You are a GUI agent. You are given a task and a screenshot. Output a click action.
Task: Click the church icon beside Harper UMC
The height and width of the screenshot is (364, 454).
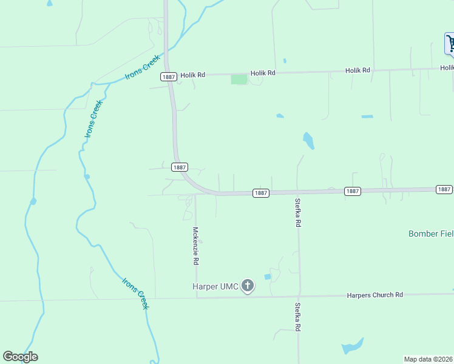pyautogui.click(x=247, y=285)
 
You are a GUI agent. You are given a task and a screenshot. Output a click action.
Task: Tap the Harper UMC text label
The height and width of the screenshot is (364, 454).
pyautogui.click(x=215, y=286)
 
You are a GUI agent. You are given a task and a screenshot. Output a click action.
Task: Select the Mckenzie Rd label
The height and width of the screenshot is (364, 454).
pyautogui.click(x=195, y=246)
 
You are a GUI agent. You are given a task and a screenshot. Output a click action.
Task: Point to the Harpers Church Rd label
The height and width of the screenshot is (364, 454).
pyautogui.click(x=374, y=295)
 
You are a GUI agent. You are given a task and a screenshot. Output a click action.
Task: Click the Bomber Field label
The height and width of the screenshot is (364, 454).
pyautogui.click(x=430, y=234)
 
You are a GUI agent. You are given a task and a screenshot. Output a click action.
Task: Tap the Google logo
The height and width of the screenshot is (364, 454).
pyautogui.click(x=20, y=357)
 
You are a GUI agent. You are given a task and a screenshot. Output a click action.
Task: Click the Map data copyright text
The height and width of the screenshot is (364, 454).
pyautogui.click(x=429, y=359)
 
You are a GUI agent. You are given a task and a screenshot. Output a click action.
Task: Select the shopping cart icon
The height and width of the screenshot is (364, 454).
pyautogui.click(x=450, y=43)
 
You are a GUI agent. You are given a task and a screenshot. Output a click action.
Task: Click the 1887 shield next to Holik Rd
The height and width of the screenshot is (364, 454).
pyautogui.click(x=169, y=76)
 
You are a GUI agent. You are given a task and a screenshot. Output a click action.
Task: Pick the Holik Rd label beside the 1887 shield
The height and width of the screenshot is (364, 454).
pyautogui.click(x=192, y=75)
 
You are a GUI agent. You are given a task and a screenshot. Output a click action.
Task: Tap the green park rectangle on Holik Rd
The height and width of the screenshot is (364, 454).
pyautogui.click(x=239, y=79)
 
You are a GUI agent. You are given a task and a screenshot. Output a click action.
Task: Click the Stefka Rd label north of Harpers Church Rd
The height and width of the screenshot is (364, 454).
pyautogui.click(x=298, y=212)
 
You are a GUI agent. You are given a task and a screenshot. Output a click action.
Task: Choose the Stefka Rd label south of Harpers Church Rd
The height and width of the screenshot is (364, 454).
pyautogui.click(x=297, y=317)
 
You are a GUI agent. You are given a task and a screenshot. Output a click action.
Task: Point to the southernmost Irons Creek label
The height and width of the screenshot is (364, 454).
pyautogui.click(x=135, y=293)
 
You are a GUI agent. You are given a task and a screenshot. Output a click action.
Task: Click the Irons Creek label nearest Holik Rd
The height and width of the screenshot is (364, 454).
pyautogui.click(x=143, y=67)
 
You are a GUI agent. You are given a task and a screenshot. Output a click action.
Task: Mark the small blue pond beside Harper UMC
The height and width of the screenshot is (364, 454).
pyautogui.click(x=268, y=277)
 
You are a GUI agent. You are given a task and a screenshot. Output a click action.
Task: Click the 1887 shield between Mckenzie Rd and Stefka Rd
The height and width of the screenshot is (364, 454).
pyautogui.click(x=260, y=193)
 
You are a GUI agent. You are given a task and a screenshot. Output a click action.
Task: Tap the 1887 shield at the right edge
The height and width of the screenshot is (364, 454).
pyautogui.click(x=444, y=189)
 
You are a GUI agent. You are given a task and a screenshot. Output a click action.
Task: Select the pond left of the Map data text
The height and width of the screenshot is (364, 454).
pyautogui.click(x=351, y=346)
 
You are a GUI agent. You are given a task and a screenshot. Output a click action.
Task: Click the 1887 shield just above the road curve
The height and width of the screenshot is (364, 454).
pyautogui.click(x=179, y=167)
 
